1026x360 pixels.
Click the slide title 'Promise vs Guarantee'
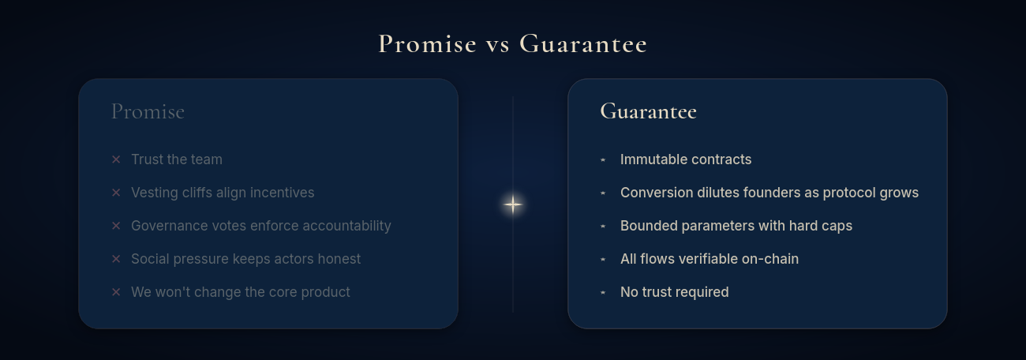513,43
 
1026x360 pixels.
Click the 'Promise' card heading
148,111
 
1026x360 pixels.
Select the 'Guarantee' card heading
648,111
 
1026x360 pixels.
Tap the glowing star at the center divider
513,204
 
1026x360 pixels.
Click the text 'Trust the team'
177,159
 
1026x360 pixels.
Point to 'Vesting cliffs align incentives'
223,193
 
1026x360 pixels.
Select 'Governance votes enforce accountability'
260,226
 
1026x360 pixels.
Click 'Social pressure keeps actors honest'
245,259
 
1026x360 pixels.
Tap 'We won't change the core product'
241,292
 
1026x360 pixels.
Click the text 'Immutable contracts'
686,159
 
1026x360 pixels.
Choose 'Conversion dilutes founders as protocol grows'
769,193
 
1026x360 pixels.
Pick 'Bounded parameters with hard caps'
736,226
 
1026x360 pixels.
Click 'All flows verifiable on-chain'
710,259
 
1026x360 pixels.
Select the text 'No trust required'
675,292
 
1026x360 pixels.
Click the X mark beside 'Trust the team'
116,159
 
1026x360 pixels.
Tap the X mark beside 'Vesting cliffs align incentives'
116,193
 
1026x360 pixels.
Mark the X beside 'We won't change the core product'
116,292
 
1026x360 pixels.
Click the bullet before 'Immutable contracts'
603,159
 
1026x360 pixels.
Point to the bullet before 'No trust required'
603,292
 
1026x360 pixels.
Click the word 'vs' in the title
498,44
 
